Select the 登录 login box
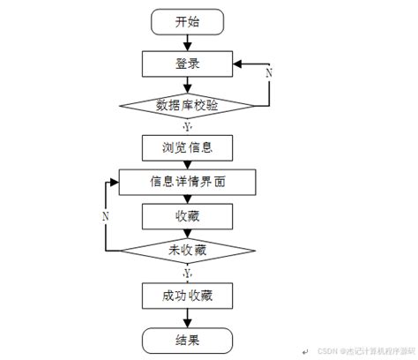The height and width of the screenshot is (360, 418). [x=187, y=64]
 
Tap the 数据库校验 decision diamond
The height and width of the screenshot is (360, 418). [x=187, y=105]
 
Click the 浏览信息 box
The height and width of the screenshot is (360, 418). [x=187, y=145]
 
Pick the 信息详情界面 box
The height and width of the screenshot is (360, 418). [x=187, y=183]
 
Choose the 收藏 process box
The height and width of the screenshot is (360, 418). [x=187, y=215]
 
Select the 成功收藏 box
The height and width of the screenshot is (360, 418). [x=187, y=294]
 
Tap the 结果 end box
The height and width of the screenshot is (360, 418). [x=187, y=337]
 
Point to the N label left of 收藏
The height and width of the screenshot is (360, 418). [x=106, y=215]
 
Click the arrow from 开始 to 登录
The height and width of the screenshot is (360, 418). [x=187, y=43]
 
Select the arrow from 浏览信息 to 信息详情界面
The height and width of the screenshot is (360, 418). [x=187, y=163]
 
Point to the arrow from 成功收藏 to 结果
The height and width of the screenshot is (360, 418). [x=187, y=315]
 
